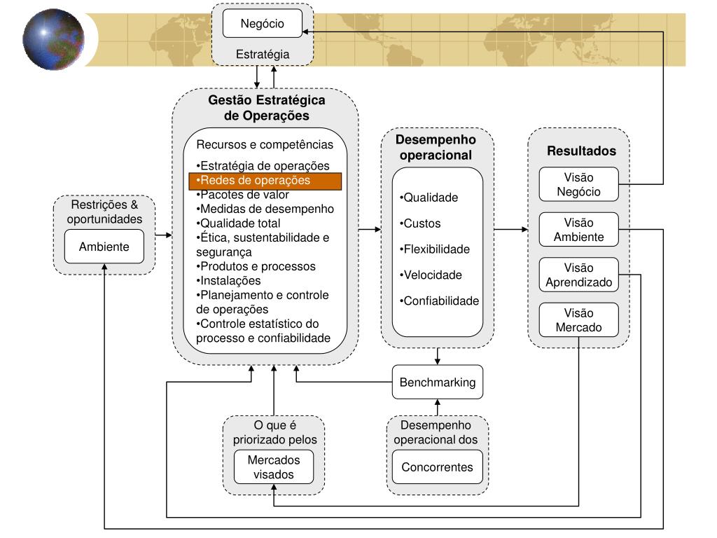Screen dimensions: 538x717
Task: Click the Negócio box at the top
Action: (x=262, y=23)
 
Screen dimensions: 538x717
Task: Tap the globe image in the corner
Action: (x=53, y=39)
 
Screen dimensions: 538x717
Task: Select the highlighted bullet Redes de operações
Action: (x=265, y=181)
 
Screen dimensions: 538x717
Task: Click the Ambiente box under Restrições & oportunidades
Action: (x=104, y=247)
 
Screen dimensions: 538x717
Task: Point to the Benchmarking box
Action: (x=437, y=382)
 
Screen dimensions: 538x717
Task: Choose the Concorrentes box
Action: (x=437, y=467)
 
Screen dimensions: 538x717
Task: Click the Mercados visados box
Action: (x=273, y=467)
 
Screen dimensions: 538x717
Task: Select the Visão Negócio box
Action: (x=578, y=184)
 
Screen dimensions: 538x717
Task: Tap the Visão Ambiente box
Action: (x=578, y=229)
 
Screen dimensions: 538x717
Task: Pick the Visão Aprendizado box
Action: (x=578, y=275)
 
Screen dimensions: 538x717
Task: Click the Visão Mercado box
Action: (x=578, y=320)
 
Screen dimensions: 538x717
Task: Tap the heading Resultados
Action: (x=581, y=151)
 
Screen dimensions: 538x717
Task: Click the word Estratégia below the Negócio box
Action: (x=262, y=54)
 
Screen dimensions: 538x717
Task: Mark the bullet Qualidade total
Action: (x=239, y=223)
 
